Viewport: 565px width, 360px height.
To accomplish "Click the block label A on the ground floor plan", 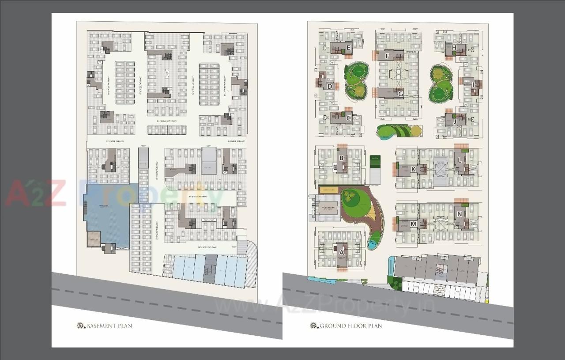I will coord(341,251).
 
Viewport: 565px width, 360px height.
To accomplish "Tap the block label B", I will coord(341,158).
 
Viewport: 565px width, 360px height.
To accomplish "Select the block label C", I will coord(349,118).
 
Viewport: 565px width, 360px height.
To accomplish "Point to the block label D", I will coord(330,87).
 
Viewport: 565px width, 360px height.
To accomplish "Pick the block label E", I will coord(349,48).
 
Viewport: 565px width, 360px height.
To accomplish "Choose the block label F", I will coord(387,56).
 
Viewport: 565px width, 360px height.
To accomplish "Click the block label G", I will coord(400,94).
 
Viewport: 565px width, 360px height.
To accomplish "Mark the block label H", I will coord(454,48).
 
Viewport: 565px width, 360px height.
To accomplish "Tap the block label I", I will coord(473,84).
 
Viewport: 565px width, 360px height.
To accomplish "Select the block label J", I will coord(454,121).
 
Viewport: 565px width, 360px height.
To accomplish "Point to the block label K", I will coord(413,169).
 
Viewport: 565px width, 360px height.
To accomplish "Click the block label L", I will coord(460,160).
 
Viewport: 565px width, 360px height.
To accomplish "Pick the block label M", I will coord(413,224).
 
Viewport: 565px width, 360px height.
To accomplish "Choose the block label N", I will coord(460,214).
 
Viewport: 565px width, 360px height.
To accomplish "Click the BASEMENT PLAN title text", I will coord(109,326).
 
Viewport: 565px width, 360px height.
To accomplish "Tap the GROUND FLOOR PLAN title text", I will coord(351,326).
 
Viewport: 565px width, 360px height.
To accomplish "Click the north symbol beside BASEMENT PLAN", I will coord(80,326).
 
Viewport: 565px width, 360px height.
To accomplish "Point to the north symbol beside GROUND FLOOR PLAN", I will coord(314,326).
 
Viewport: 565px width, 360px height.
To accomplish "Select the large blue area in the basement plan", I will coord(107,212).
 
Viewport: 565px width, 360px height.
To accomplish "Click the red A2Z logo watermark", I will coord(35,193).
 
